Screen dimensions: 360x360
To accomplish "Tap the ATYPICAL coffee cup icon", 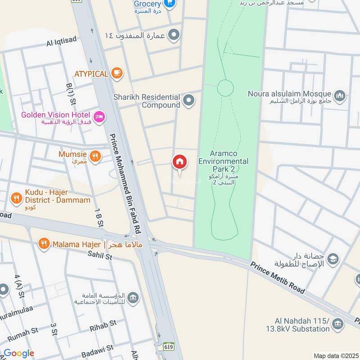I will pos(117,73).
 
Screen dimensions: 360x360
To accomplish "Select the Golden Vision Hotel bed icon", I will pos(100,116).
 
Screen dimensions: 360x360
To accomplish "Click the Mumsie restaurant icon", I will pos(94,156).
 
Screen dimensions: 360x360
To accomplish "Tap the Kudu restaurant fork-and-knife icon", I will pos(17,198).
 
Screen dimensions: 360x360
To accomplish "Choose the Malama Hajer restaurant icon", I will pos(44,244).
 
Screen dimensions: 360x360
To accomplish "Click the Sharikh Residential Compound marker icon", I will pos(189,101).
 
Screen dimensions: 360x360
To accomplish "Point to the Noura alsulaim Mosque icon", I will pos(340,95).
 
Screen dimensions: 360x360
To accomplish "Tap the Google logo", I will pos(19,353).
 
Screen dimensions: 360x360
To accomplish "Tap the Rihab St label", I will pos(103,323).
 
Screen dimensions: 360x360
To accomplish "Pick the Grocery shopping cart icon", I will pos(170,4).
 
